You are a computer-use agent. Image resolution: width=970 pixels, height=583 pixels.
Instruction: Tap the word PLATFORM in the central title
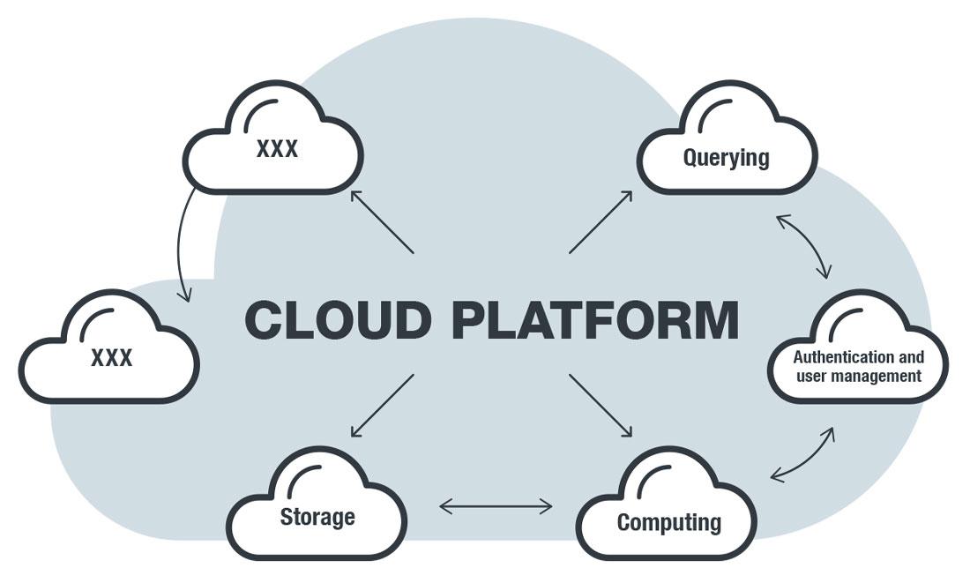[x=594, y=319]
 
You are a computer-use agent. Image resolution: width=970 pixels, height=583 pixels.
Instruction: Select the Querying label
[x=726, y=158]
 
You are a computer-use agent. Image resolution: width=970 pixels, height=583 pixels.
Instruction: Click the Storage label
[x=317, y=516]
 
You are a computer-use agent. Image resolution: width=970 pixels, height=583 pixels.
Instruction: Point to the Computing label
[x=668, y=521]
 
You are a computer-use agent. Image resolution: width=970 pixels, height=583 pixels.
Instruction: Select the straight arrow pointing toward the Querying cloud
[x=601, y=221]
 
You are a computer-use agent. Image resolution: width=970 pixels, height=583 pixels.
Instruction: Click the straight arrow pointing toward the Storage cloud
[x=383, y=406]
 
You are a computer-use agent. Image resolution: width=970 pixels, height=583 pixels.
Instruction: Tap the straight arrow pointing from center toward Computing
[x=601, y=406]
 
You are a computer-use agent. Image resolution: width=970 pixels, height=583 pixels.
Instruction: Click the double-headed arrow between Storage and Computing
[x=496, y=506]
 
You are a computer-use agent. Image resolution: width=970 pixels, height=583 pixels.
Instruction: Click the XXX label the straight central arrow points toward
[x=277, y=148]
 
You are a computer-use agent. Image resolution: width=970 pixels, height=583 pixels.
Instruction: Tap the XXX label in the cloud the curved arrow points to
[x=111, y=357]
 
